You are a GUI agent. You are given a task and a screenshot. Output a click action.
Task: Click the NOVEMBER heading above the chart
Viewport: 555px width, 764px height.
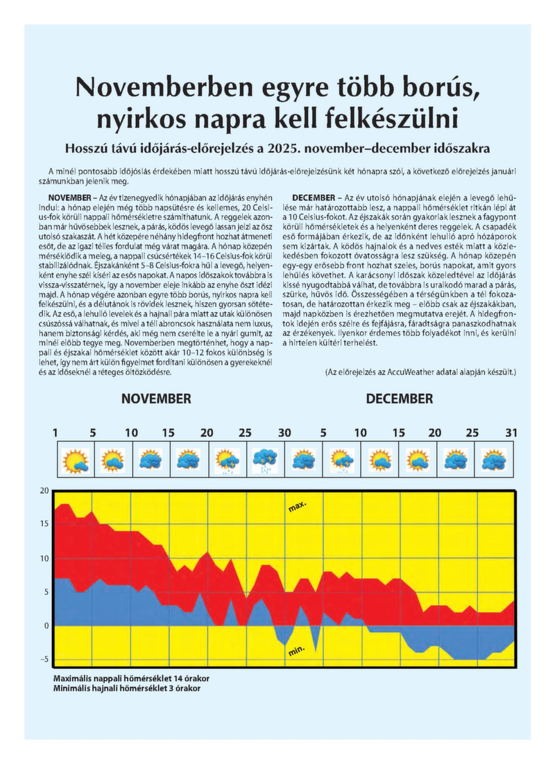tap(156, 399)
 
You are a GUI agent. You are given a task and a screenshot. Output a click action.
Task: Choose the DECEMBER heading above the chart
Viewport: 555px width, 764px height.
tap(399, 399)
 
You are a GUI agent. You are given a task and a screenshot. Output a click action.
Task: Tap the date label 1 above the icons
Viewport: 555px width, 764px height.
tap(55, 433)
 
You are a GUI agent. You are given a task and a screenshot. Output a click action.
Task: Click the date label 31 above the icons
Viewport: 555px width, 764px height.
tap(511, 433)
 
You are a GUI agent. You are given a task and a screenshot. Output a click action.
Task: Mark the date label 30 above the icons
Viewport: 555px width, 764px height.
tap(284, 433)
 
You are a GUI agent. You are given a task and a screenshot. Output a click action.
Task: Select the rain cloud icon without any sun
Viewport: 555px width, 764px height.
tap(265, 459)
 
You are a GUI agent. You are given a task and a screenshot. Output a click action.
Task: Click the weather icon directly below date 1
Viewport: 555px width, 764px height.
tap(74, 459)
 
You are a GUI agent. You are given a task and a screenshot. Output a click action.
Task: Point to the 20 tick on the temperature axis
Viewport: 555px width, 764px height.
tap(44, 491)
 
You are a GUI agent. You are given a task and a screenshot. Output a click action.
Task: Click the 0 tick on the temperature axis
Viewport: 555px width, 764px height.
tap(47, 625)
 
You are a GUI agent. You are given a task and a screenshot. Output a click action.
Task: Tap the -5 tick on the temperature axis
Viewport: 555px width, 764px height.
tap(44, 659)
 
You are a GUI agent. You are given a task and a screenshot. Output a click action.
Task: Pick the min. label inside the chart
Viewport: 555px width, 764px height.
tap(297, 651)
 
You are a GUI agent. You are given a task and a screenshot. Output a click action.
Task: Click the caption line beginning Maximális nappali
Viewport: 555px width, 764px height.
tap(131, 677)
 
